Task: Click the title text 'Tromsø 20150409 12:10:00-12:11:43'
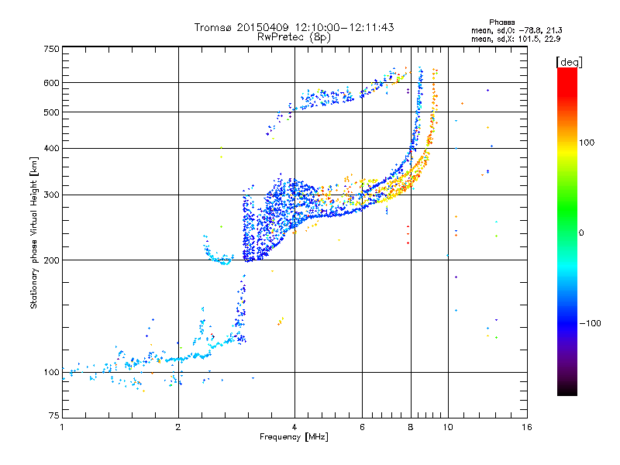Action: click(294, 27)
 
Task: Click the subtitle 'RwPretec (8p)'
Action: click(294, 36)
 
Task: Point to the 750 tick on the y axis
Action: click(51, 49)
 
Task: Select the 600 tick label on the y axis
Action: click(51, 83)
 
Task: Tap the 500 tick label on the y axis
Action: click(51, 112)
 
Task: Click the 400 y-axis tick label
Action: click(51, 148)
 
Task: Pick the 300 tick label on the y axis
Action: click(51, 195)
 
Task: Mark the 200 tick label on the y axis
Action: click(51, 260)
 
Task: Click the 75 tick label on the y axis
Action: click(53, 416)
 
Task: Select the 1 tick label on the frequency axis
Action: click(62, 427)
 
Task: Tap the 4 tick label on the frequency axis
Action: click(294, 427)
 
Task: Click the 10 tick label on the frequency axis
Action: click(448, 427)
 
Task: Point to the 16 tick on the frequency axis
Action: click(526, 427)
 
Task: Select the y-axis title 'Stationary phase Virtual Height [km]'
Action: click(34, 232)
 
